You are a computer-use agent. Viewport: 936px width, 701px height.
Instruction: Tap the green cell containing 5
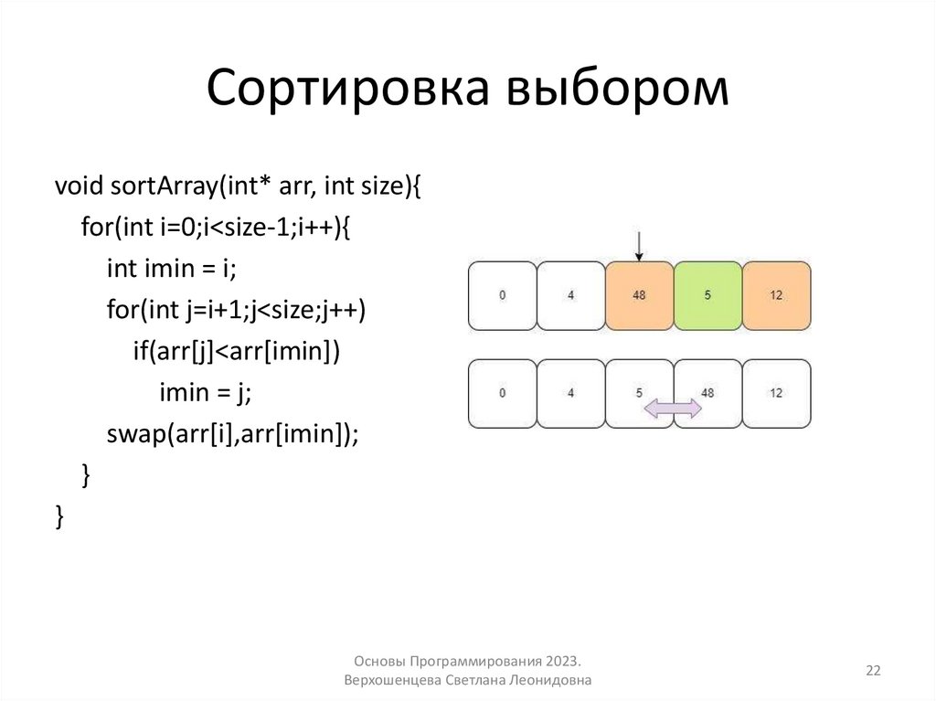(x=707, y=295)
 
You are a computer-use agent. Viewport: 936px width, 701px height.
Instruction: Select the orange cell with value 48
(x=639, y=295)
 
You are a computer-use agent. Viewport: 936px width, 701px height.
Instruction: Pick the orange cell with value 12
(x=776, y=295)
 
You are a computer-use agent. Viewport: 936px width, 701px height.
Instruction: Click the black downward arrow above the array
(x=639, y=245)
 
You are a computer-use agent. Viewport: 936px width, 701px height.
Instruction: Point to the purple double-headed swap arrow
(x=673, y=409)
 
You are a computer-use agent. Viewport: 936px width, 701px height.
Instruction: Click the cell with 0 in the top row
(x=502, y=295)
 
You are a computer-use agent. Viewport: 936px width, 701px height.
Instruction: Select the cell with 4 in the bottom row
(x=570, y=393)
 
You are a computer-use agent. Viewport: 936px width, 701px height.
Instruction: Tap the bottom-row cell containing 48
(x=707, y=393)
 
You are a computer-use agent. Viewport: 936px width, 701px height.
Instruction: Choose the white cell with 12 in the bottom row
(x=776, y=393)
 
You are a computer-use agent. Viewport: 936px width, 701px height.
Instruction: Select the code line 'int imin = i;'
(x=171, y=269)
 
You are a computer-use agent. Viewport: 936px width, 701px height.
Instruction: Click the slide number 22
(x=873, y=671)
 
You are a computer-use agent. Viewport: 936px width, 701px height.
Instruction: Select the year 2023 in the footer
(x=562, y=661)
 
